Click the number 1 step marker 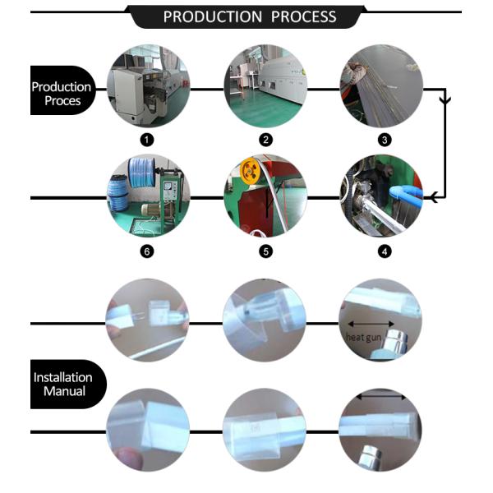click(148, 139)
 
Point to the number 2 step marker click(265, 139)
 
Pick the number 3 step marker click(382, 139)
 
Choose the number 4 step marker click(382, 251)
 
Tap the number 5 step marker click(265, 251)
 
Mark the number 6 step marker click(148, 251)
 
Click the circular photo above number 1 click(148, 85)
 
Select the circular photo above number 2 click(265, 85)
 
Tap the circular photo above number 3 click(382, 85)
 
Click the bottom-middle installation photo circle click(265, 430)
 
